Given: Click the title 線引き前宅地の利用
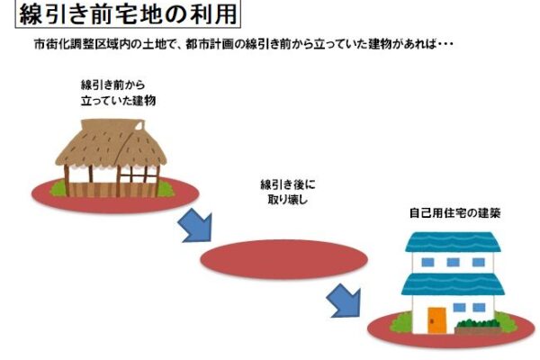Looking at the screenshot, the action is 128,14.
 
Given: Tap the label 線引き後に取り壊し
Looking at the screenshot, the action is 288,193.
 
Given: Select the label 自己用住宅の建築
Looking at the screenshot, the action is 454,213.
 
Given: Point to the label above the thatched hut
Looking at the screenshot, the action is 118,93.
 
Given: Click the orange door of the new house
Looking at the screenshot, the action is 436,320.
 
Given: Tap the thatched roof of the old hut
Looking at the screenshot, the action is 111,143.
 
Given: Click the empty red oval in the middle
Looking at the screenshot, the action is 284,259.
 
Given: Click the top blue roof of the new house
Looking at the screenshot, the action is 453,242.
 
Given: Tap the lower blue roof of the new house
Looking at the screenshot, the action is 453,284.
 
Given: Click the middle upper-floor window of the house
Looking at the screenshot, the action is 453,263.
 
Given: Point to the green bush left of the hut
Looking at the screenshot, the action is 58,189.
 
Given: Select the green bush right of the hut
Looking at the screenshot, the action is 166,189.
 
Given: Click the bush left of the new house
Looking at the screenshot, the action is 401,322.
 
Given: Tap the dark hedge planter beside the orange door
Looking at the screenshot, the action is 478,327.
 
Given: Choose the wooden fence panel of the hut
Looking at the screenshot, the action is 112,190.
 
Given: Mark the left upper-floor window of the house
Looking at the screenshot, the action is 427,263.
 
